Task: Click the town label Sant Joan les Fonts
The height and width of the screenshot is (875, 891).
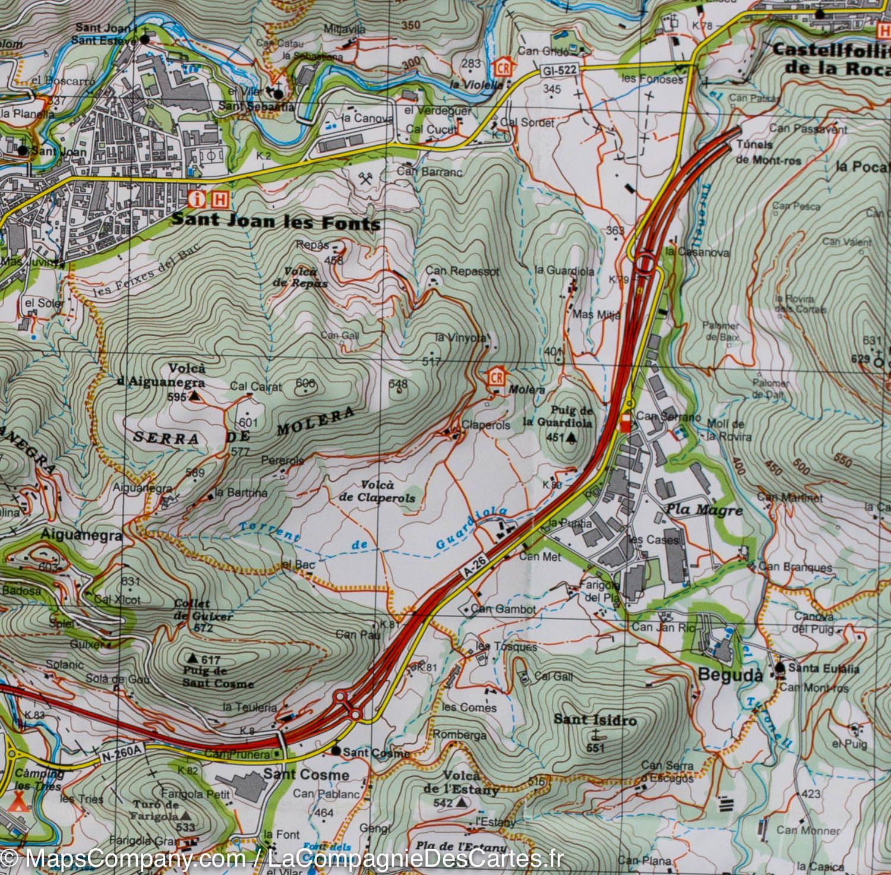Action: coord(276,221)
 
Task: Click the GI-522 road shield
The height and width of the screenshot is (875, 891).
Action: coord(558,70)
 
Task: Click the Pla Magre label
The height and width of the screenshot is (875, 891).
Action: coord(704,510)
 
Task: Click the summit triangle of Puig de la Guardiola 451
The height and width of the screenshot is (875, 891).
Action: coord(571,438)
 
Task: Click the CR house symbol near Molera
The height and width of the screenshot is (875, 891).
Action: coord(497,377)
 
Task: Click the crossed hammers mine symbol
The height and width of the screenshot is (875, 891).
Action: coord(365,178)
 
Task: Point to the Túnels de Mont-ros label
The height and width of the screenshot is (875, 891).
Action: coord(768,152)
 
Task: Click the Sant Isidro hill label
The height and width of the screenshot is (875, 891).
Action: coord(595,719)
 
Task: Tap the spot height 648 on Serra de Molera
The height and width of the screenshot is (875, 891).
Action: coord(397,384)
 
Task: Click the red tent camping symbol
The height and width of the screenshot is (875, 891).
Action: coord(20,805)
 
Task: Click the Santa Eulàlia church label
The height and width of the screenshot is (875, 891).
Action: coord(823,668)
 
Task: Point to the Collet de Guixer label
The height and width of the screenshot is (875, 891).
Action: coord(202,610)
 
